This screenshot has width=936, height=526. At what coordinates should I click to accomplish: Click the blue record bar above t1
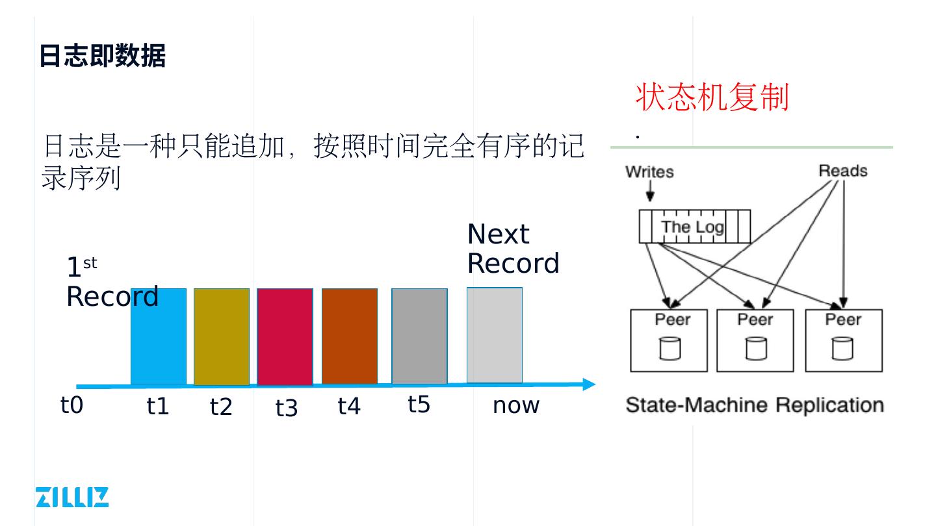coord(158,344)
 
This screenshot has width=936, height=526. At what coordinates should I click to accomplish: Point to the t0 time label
coord(72,405)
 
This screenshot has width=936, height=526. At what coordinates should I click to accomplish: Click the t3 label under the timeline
coord(286,408)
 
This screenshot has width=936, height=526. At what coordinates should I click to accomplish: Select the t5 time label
coord(419,405)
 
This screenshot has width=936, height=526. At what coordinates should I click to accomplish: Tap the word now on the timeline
coord(516,405)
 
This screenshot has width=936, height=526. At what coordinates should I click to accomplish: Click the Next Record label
coord(513,249)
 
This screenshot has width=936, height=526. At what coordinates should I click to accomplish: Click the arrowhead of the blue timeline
coord(589,384)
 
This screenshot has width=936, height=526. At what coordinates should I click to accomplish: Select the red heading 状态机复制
coord(712,97)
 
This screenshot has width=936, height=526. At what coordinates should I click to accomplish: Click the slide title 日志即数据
coord(102,56)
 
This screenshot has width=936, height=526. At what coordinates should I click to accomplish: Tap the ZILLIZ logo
coord(72,497)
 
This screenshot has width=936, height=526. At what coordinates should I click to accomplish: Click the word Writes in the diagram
coord(649,172)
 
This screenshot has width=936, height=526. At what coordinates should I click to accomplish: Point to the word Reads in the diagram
coord(843,171)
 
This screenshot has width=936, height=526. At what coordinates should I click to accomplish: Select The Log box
coord(694,227)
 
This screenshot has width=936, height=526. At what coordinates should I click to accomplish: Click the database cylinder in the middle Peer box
coord(755,348)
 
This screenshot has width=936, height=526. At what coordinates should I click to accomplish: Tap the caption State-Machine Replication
coord(755,405)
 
